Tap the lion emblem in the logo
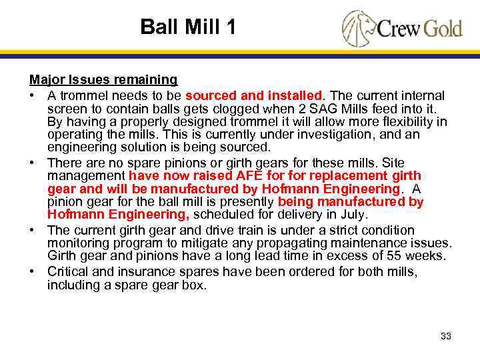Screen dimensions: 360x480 point(357,27)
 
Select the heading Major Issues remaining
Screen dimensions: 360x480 point(103,79)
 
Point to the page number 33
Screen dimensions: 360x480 point(446,336)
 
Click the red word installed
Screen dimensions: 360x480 point(294,96)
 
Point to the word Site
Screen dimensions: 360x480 point(414,163)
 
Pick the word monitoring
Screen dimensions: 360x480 point(77,243)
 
